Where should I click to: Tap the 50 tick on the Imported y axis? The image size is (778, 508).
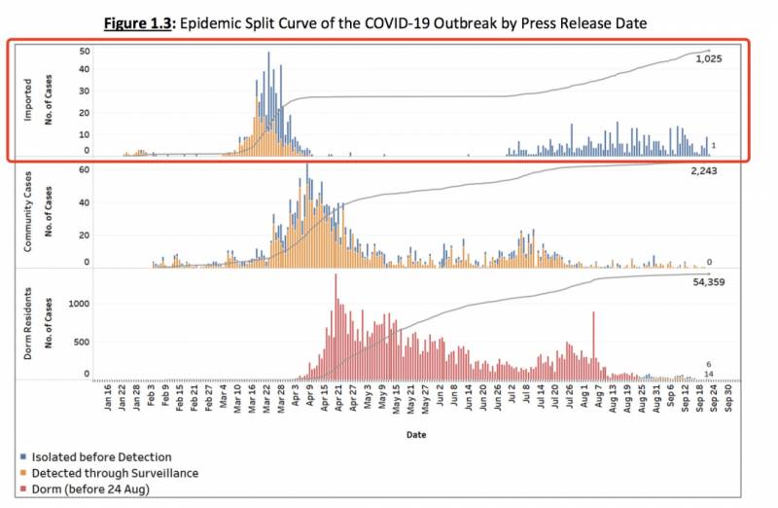tap(85, 51)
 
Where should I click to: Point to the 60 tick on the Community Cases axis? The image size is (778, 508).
tap(85, 169)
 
